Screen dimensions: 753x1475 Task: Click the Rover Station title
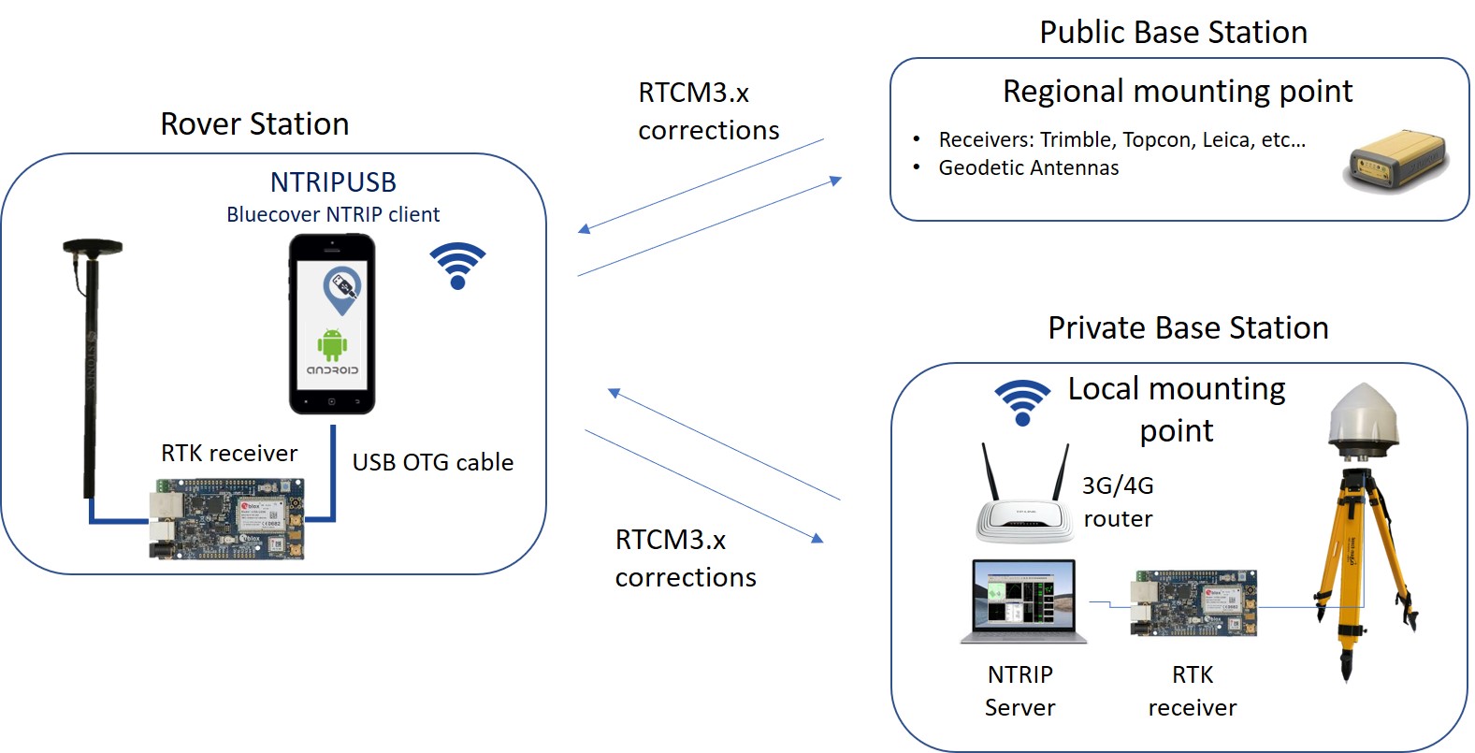coord(254,124)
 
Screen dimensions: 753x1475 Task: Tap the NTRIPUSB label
coord(333,182)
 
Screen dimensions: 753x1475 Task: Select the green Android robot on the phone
coord(332,344)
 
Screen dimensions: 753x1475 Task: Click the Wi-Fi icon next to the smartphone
coord(457,266)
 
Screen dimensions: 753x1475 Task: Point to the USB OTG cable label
coord(432,462)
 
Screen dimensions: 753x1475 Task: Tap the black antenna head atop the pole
coord(93,248)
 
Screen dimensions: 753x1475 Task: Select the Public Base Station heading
coord(1173,33)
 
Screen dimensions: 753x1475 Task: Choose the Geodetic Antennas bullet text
coord(1028,168)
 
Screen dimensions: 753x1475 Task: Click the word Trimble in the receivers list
coord(1076,140)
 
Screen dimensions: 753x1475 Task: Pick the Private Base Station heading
coord(1188,328)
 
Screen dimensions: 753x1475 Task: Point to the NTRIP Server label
coord(1019,690)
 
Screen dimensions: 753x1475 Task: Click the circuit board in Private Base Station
coord(1193,603)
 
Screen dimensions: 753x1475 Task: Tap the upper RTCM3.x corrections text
coord(708,111)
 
